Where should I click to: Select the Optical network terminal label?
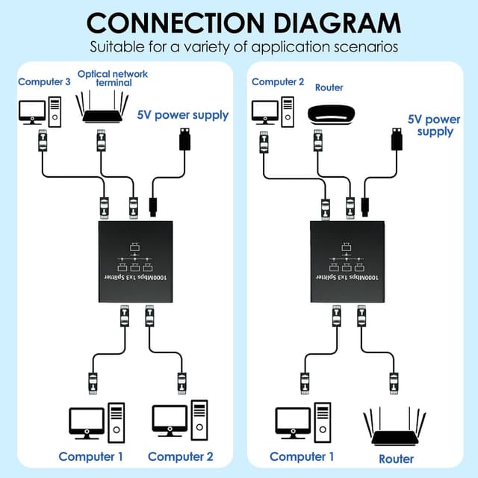coord(112,78)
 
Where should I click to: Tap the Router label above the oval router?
coord(329,87)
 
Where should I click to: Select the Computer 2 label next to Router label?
coord(278,81)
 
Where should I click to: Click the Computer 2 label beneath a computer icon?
coord(180,456)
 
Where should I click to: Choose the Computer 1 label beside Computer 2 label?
coord(90,456)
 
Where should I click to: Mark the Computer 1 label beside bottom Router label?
coord(300,456)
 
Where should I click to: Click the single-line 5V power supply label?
coord(182,115)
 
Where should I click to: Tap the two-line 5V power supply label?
coord(433,125)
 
